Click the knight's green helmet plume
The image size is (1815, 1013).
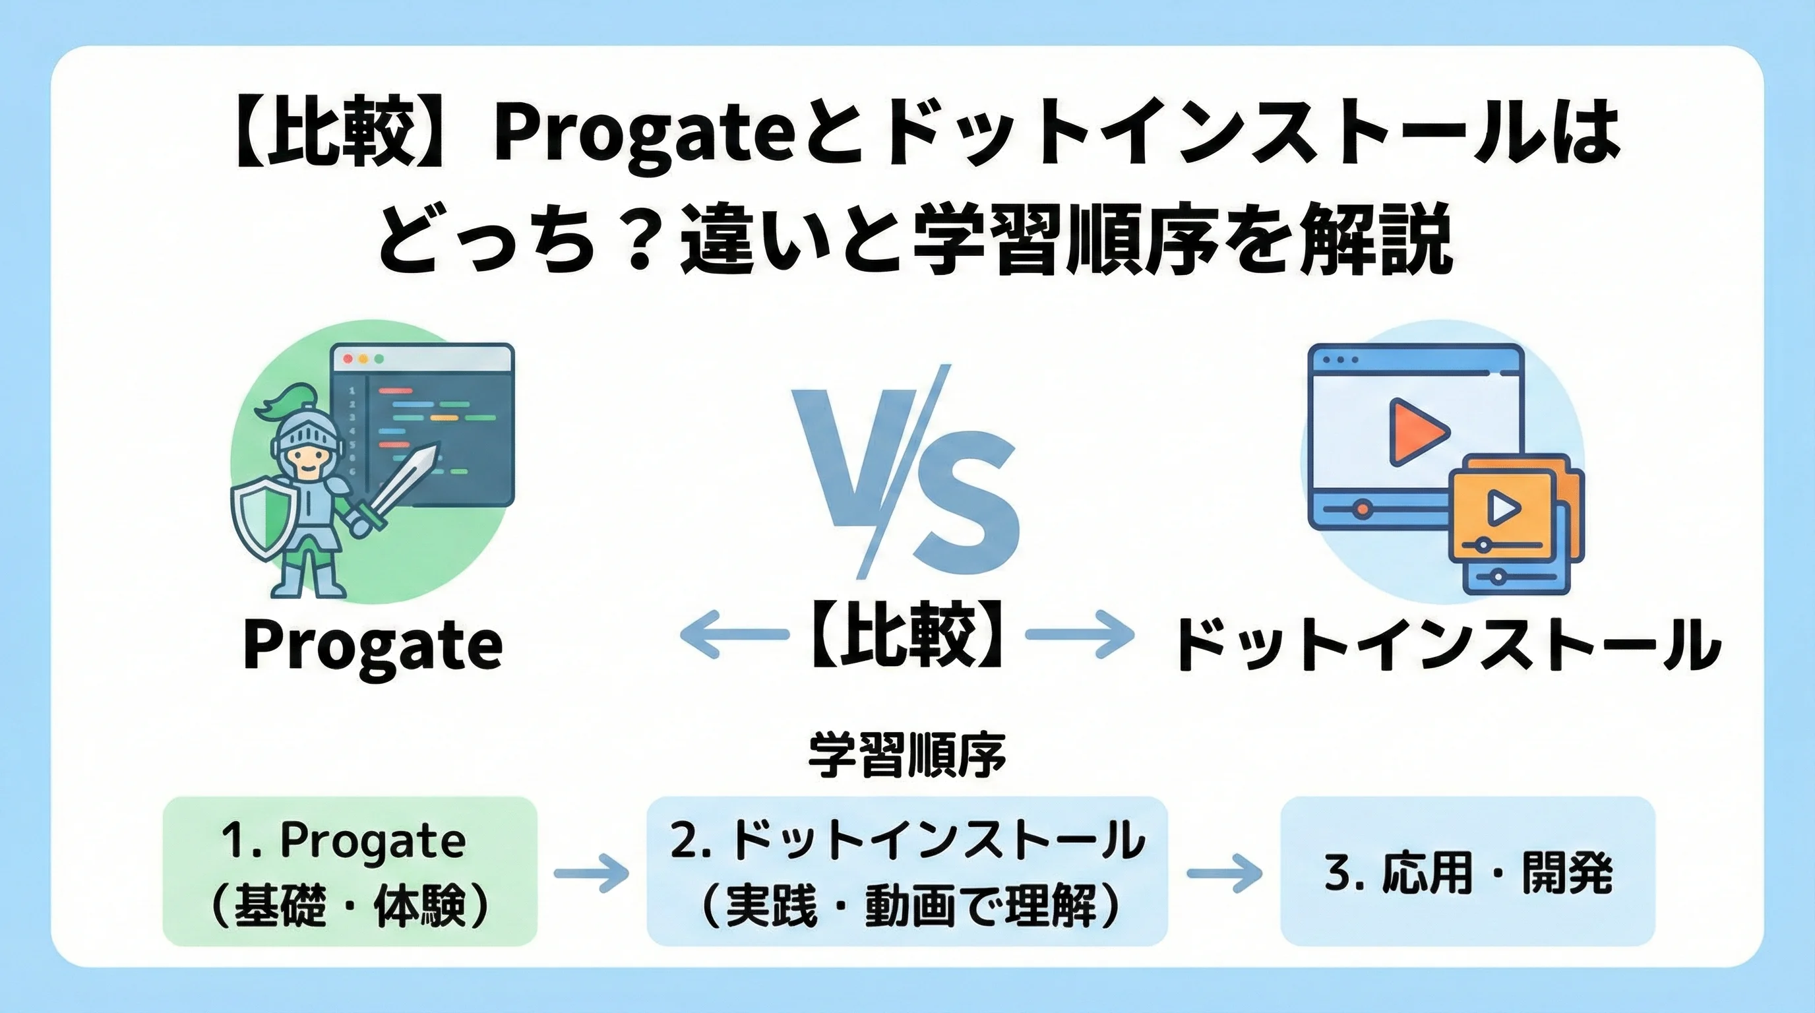pyautogui.click(x=283, y=405)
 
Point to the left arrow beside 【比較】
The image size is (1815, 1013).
pyautogui.click(x=733, y=634)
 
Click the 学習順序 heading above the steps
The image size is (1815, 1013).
pyautogui.click(x=907, y=756)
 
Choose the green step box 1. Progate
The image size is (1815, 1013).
pyautogui.click(x=350, y=871)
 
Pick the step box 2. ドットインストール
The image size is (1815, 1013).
pyautogui.click(x=907, y=871)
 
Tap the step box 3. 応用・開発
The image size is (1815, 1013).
pyautogui.click(x=1467, y=871)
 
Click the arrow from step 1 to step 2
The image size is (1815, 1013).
pyautogui.click(x=591, y=874)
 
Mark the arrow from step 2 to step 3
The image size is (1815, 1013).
pyautogui.click(x=1225, y=874)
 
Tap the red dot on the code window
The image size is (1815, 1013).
pyautogui.click(x=348, y=359)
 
